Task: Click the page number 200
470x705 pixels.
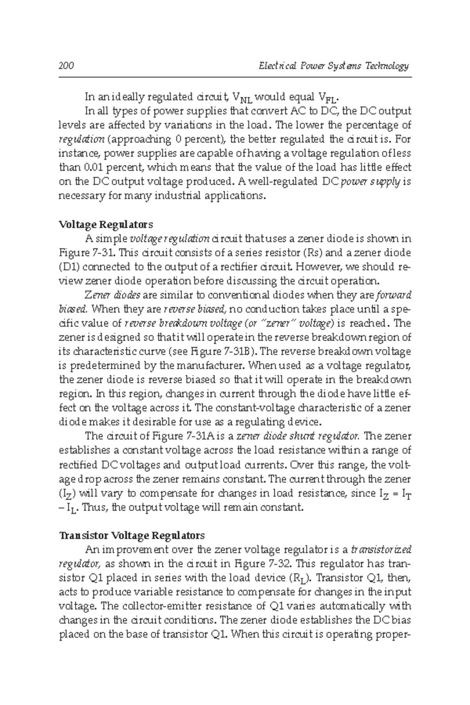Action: coord(66,66)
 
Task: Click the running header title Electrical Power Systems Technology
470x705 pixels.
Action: coord(334,66)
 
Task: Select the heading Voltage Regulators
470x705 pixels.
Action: coord(105,224)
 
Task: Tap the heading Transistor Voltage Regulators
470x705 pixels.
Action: coord(132,535)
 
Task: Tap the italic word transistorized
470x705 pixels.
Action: coord(381,550)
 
